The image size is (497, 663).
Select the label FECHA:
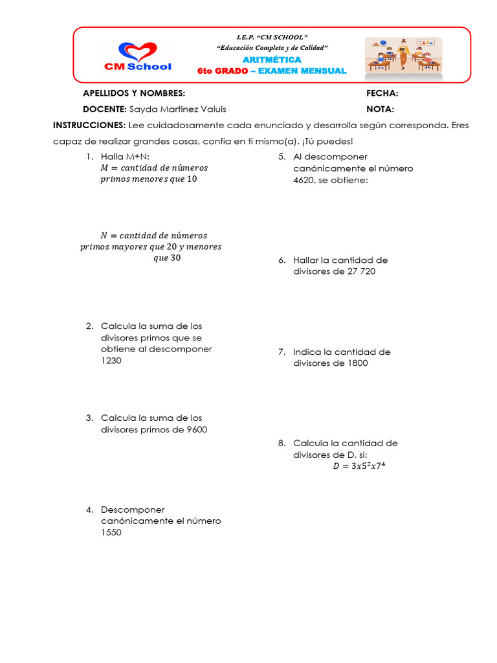382,94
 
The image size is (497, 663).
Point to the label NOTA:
380,109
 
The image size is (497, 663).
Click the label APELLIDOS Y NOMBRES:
134,94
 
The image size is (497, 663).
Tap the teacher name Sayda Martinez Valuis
178,109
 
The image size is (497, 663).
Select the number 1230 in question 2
111,361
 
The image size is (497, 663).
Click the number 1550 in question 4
111,533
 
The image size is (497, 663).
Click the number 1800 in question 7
355,363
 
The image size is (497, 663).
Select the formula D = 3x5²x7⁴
363,466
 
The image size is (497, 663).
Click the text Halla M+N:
126,157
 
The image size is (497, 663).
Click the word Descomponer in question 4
133,510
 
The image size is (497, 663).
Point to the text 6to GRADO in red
223,71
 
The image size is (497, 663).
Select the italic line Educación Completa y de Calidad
272,48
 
